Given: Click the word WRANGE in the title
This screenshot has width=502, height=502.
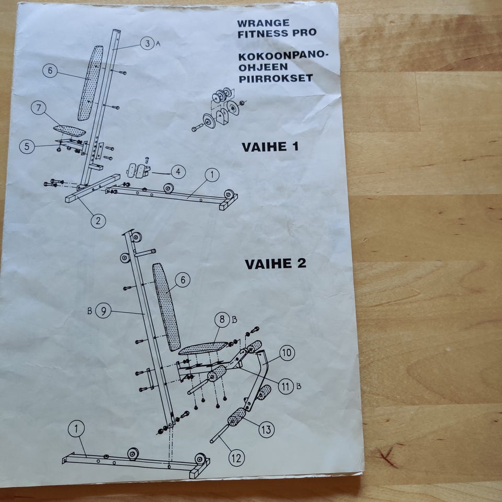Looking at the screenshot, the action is tap(263, 24).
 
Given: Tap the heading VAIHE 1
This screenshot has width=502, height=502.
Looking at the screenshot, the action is tap(270, 147).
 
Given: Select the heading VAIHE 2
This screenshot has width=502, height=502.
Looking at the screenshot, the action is tap(276, 264).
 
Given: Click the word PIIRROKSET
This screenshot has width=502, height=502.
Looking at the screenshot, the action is tap(276, 78).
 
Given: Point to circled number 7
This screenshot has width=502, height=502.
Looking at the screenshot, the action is tap(39, 108).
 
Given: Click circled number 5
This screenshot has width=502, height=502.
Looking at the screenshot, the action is tap(27, 146).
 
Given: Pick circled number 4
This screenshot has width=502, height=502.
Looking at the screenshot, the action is tap(178, 172).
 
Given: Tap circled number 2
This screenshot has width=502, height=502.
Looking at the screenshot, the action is tap(98, 221).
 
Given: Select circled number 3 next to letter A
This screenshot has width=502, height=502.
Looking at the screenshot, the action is tap(147, 43).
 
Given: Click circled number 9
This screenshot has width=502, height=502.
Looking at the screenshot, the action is tap(104, 311).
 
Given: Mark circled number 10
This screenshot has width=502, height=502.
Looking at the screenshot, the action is tap(287, 353).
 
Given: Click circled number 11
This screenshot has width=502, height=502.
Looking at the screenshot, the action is tap(286, 386).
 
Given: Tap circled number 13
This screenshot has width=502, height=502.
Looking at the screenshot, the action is tap(266, 430).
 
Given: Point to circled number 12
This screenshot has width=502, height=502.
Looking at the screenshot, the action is tap(236, 458).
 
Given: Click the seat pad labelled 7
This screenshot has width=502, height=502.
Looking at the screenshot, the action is tap(70, 130).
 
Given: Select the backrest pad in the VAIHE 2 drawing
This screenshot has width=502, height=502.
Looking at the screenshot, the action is tap(166, 307).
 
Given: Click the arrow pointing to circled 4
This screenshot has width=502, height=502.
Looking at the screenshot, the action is tap(162, 173).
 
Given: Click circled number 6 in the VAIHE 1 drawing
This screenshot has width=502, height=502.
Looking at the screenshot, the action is tap(50, 71).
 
